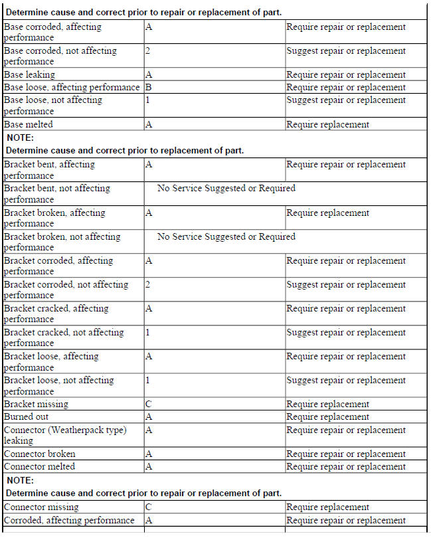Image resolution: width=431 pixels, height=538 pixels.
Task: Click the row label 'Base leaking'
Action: pyautogui.click(x=30, y=75)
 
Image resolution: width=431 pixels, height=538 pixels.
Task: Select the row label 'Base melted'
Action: pyautogui.click(x=29, y=125)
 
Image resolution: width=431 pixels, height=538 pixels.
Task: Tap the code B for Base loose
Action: pyautogui.click(x=148, y=88)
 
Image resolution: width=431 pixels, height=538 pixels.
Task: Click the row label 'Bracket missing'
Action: pyautogui.click(x=36, y=404)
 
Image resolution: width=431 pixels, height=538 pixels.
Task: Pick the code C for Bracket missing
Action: pyautogui.click(x=149, y=404)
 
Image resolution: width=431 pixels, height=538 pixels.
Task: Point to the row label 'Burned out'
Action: pyautogui.click(x=27, y=417)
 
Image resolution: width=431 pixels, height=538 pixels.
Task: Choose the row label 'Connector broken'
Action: pyautogui.click(x=40, y=454)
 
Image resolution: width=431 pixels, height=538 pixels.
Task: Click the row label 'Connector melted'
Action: pyautogui.click(x=39, y=467)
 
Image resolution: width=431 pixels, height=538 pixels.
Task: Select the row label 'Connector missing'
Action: pyautogui.click(x=41, y=507)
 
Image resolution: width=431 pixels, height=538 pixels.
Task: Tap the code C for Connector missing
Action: pyautogui.click(x=149, y=507)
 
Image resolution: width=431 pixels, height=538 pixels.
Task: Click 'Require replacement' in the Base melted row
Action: pyautogui.click(x=327, y=125)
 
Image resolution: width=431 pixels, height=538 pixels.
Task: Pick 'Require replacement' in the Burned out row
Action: pyautogui.click(x=327, y=417)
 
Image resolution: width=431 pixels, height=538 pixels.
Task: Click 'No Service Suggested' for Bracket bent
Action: pyautogui.click(x=226, y=189)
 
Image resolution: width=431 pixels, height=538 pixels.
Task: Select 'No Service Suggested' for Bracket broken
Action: pyautogui.click(x=226, y=237)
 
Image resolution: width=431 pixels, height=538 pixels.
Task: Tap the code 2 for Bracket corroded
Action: pyautogui.click(x=148, y=285)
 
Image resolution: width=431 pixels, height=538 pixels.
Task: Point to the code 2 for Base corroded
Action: pyautogui.click(x=148, y=51)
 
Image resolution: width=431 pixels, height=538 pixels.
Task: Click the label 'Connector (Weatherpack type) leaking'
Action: pyautogui.click(x=65, y=435)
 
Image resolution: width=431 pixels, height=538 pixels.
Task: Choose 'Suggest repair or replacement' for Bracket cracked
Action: pyautogui.click(x=345, y=333)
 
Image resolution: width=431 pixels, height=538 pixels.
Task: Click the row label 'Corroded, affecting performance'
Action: pyautogui.click(x=69, y=521)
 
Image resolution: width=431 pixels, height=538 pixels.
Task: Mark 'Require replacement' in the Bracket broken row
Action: pyautogui.click(x=327, y=213)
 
